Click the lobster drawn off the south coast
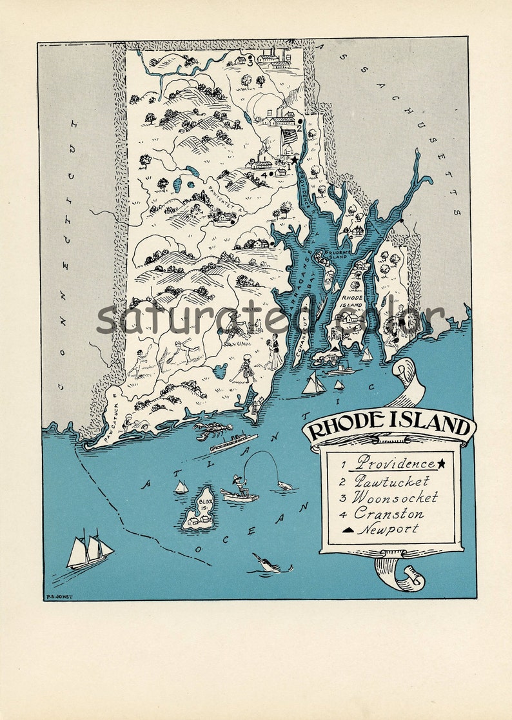coord(212,430)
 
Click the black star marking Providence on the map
coord(295,159)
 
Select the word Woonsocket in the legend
coord(395,498)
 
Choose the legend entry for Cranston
coord(389,514)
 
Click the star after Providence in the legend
coord(441,463)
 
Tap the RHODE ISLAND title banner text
coord(389,427)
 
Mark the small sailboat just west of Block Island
coord(181,487)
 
